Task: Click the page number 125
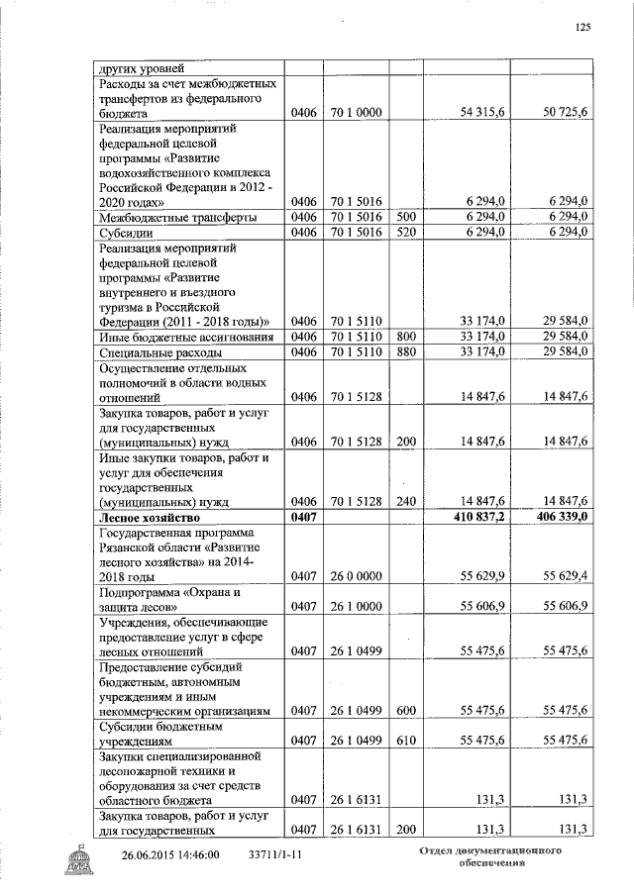tap(582, 28)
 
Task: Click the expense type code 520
tap(405, 232)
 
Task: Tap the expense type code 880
tap(405, 351)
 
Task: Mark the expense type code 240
tap(405, 501)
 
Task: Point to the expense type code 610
tap(405, 740)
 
